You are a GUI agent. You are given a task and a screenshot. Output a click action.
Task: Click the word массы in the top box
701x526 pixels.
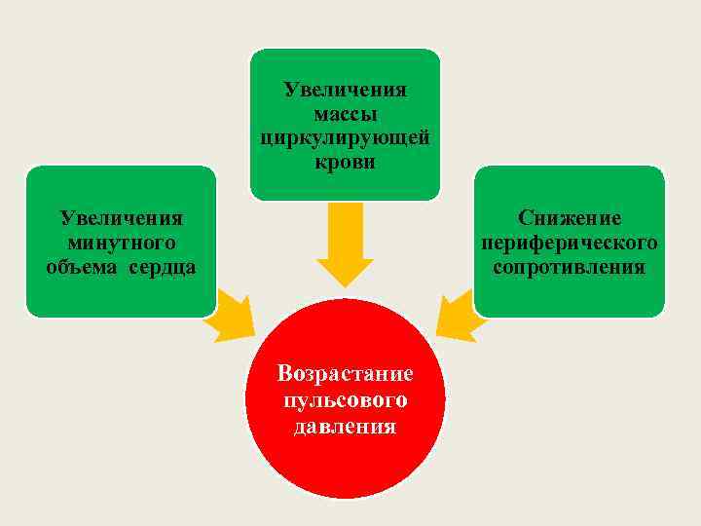(346, 115)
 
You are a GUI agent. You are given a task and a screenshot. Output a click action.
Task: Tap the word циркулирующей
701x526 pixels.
(346, 138)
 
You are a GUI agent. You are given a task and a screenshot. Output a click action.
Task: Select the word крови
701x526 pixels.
(346, 162)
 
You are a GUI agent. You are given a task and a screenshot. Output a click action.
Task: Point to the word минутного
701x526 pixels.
(121, 243)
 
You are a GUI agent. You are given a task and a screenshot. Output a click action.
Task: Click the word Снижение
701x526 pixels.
(570, 218)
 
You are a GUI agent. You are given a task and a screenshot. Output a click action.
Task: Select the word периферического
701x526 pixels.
(570, 242)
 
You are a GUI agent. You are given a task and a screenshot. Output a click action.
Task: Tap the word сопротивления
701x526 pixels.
(570, 266)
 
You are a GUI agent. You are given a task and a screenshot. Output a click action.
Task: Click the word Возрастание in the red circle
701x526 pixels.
(346, 374)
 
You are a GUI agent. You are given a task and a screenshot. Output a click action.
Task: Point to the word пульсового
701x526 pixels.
(346, 400)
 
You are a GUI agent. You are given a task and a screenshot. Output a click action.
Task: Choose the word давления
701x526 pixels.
(346, 426)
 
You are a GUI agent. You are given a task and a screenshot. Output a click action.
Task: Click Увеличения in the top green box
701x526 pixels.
(346, 91)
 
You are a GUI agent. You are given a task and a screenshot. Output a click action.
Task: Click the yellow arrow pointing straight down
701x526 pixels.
(345, 244)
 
